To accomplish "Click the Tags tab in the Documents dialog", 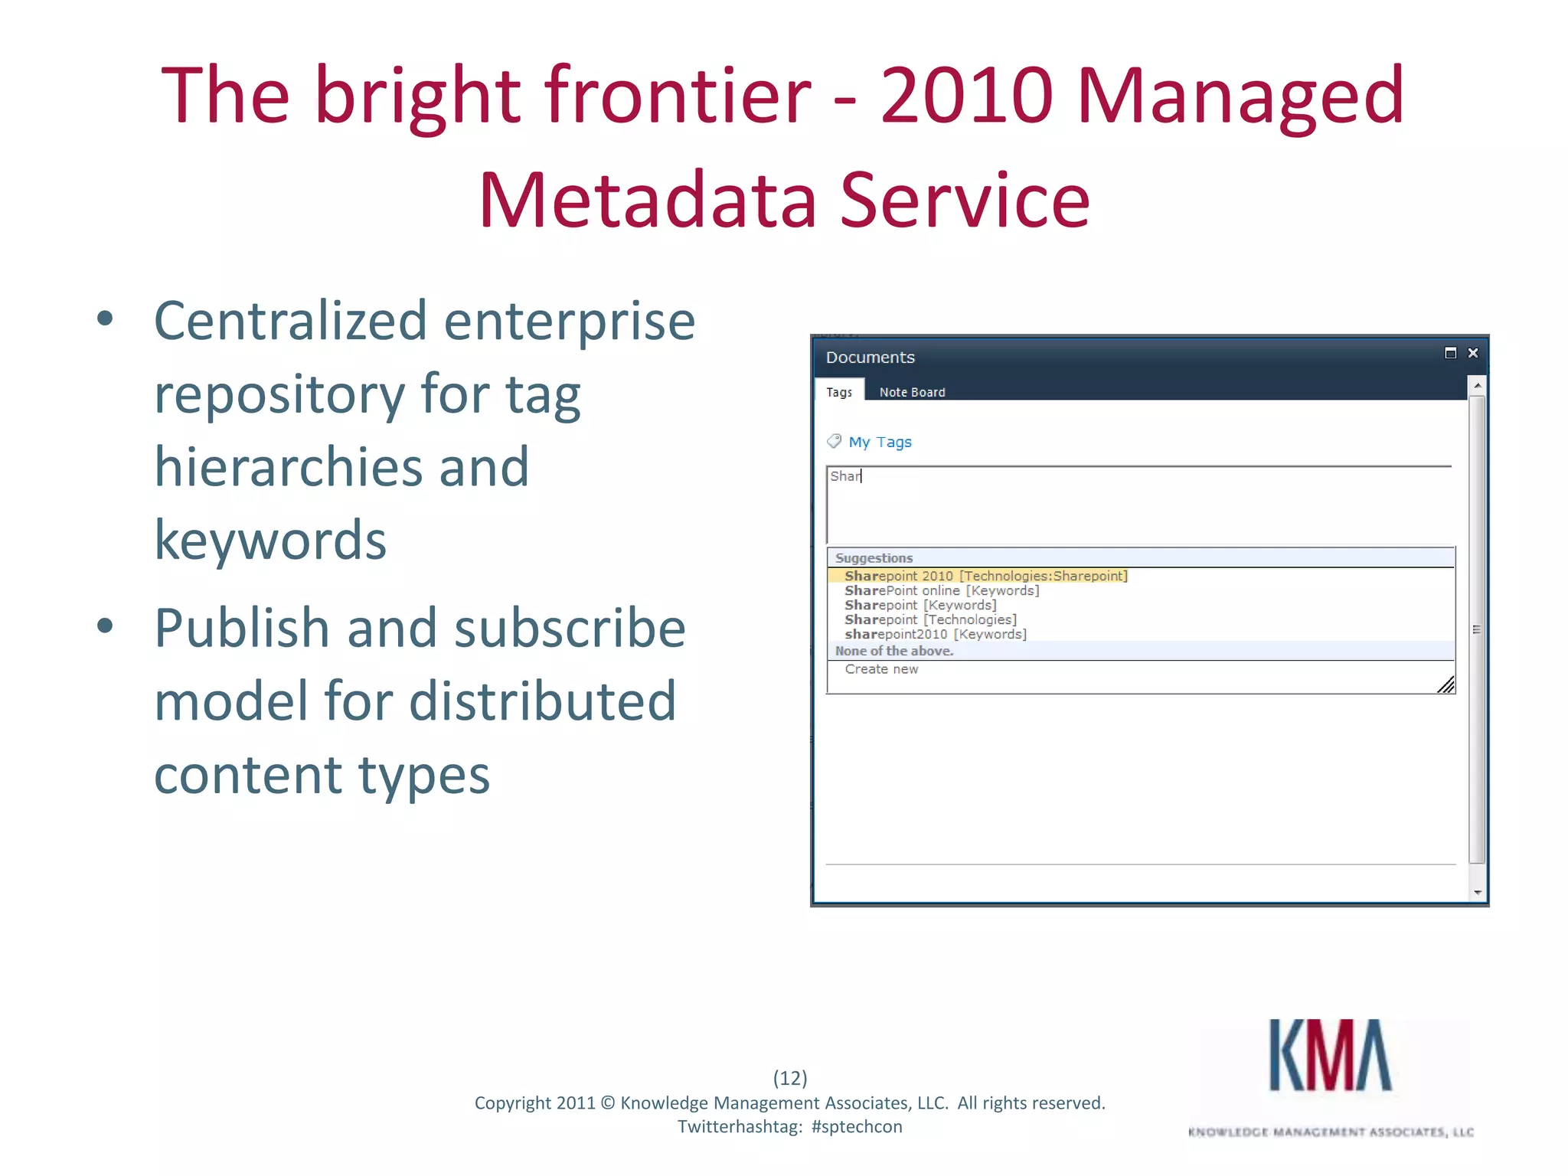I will [838, 392].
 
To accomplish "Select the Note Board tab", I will [912, 392].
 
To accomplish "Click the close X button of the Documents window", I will [1472, 353].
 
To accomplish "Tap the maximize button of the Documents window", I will [1450, 353].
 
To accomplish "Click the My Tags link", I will [880, 443].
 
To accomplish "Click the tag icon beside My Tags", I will [834, 441].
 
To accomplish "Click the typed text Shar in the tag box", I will [845, 476].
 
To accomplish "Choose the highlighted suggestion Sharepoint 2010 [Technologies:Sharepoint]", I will [985, 576].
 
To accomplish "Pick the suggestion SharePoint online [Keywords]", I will [941, 590].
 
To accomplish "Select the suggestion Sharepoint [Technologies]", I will [930, 619].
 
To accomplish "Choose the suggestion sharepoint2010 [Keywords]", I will [935, 634].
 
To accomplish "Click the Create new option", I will [881, 669].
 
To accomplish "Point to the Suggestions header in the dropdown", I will [874, 558].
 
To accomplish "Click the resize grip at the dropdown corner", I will [1445, 685].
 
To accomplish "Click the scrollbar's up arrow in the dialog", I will [1478, 387].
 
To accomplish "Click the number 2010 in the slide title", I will [967, 95].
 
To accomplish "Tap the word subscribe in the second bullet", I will [570, 628].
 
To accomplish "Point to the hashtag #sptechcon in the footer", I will [857, 1127].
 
